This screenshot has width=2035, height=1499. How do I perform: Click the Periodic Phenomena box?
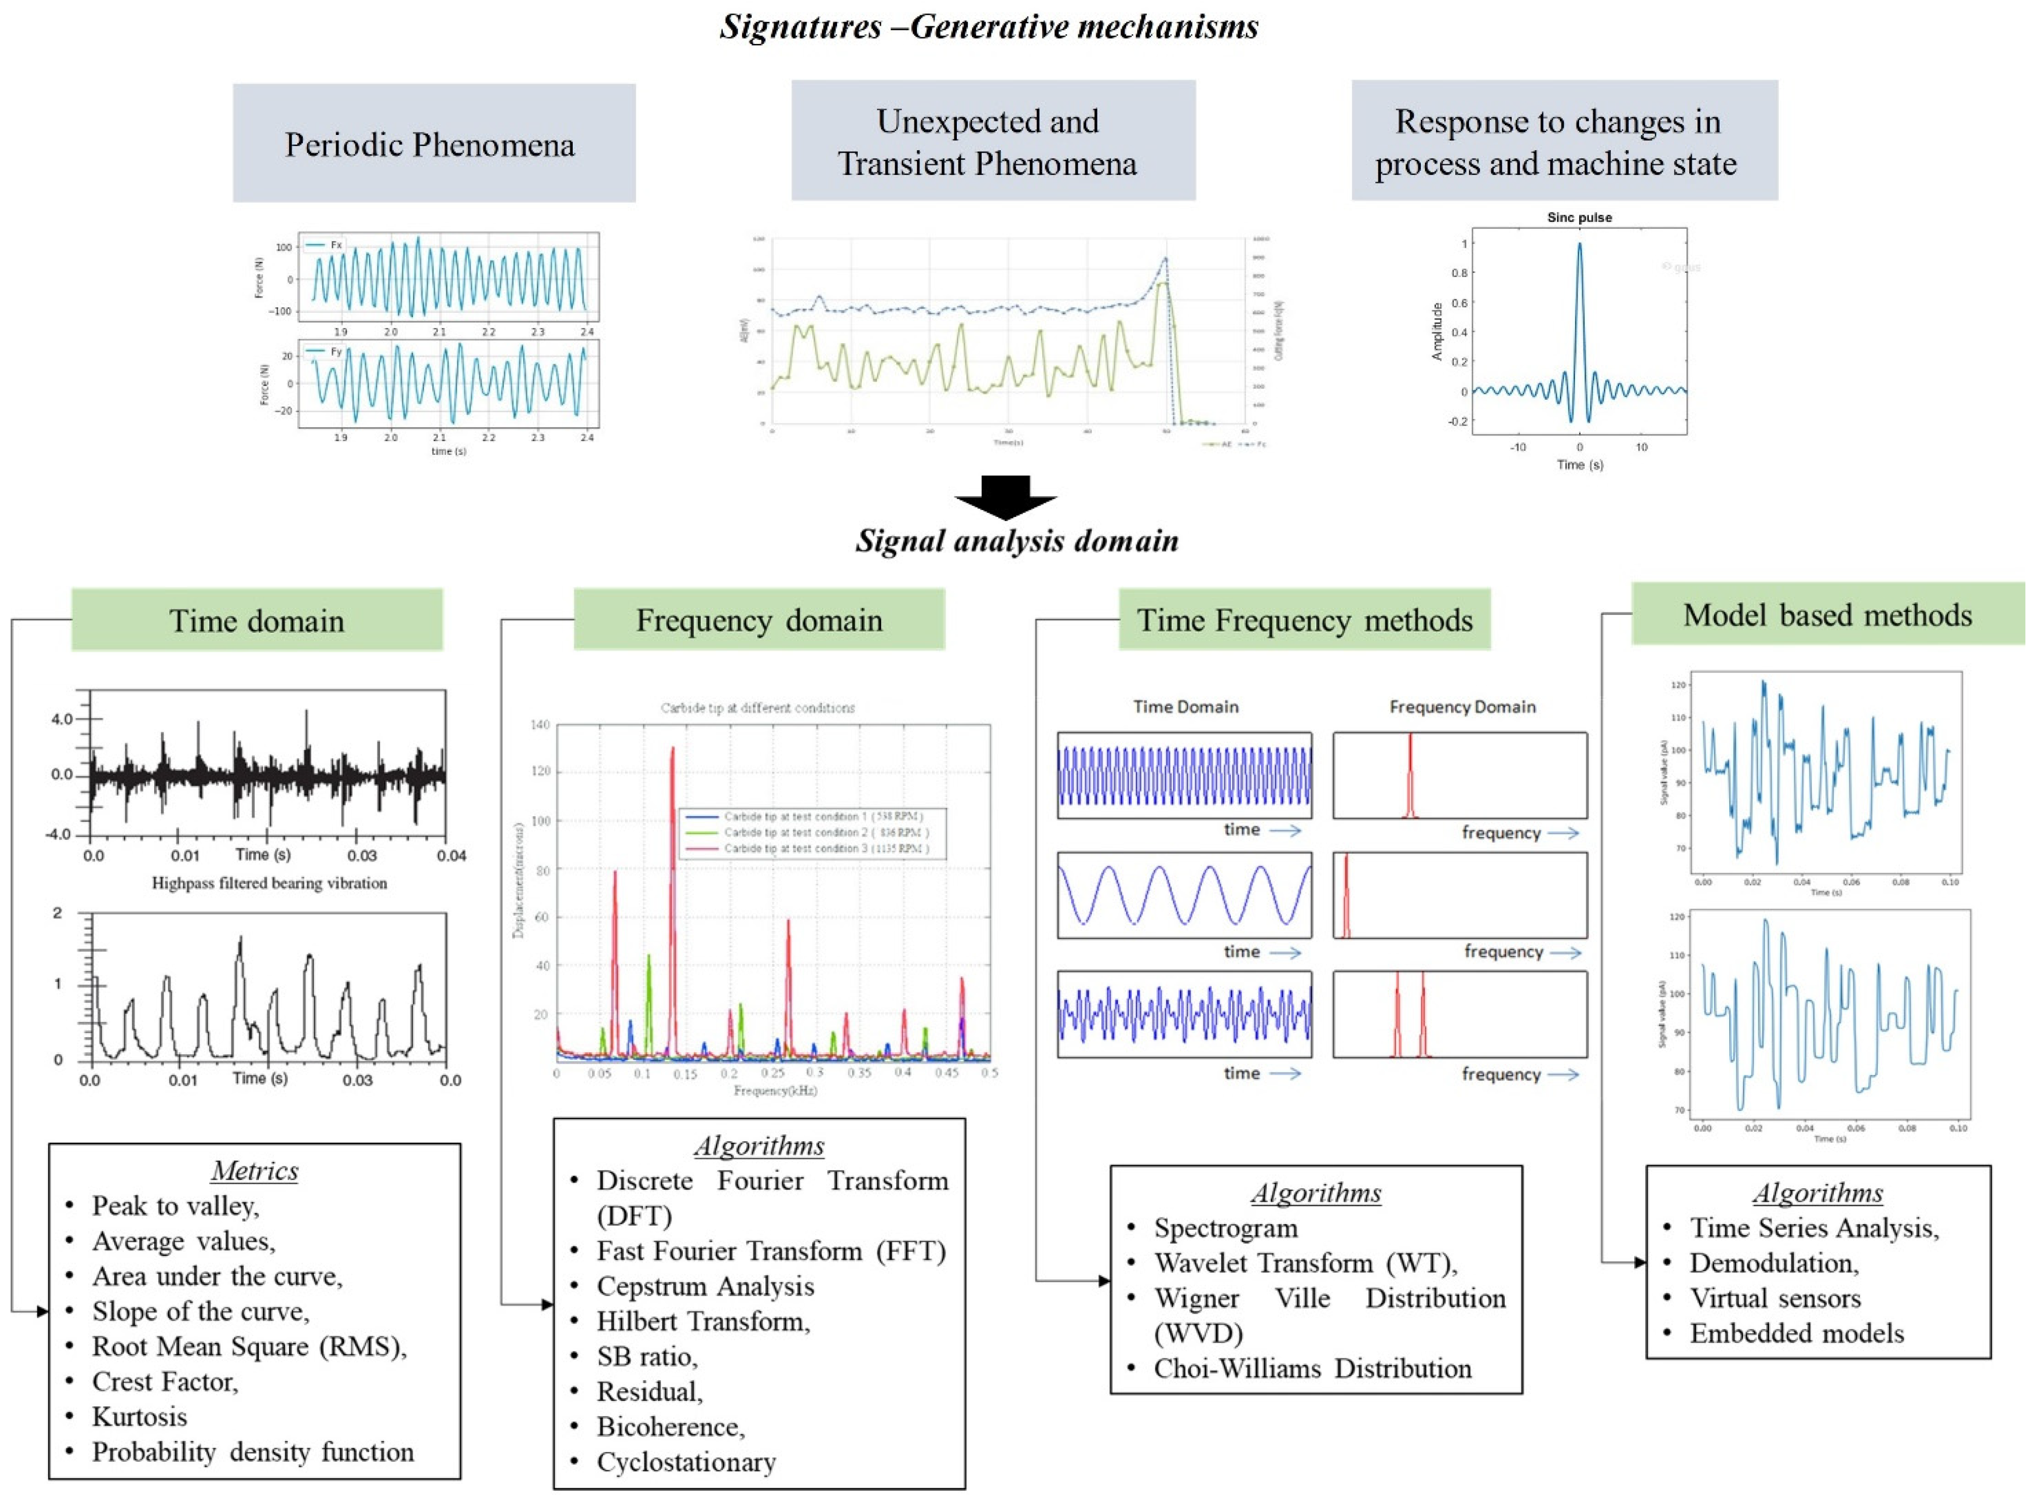tap(433, 144)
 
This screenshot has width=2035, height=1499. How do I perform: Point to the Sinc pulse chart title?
tap(1579, 218)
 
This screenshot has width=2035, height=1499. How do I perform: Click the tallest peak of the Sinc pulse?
tap(1580, 245)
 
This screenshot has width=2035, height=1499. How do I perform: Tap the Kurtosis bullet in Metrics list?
tap(139, 1417)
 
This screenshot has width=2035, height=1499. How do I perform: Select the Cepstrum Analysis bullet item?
tap(705, 1286)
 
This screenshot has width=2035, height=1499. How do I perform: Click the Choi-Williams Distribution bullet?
tap(1312, 1368)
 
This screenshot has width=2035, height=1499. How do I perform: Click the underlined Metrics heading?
tap(255, 1170)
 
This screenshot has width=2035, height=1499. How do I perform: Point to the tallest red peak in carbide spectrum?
tap(672, 749)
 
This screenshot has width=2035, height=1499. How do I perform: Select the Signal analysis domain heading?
tap(1017, 541)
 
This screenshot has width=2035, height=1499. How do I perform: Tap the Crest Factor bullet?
tap(164, 1381)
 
